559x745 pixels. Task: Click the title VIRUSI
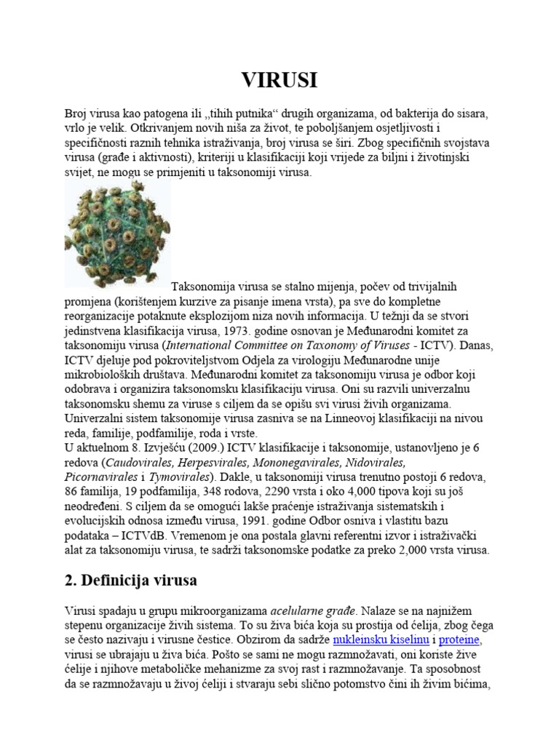(x=279, y=80)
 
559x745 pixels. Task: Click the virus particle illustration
(x=116, y=235)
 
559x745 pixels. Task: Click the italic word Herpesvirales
(x=212, y=462)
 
